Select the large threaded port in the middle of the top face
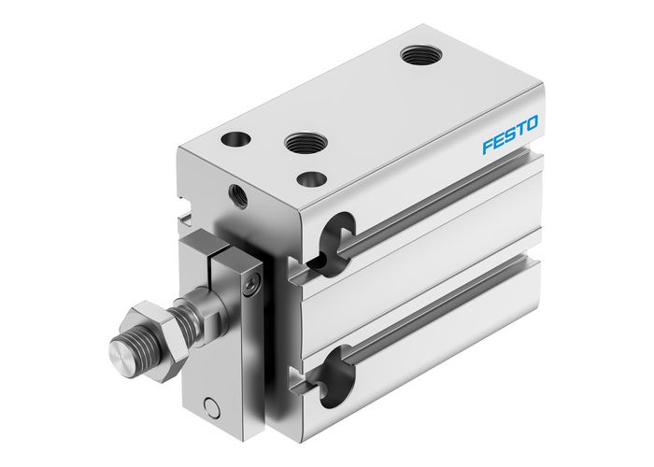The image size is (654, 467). [304, 145]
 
